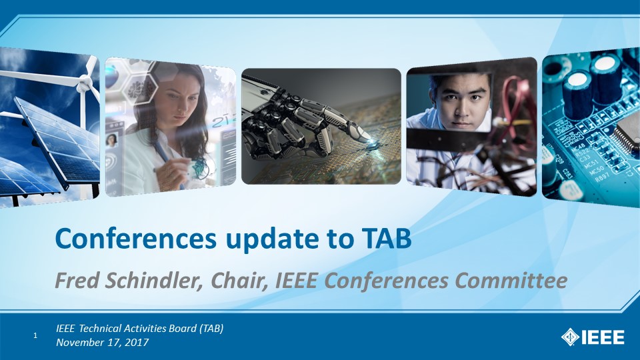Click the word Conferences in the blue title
(x=136, y=239)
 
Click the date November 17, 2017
(x=103, y=342)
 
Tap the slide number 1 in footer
(x=35, y=335)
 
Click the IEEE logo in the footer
(x=593, y=337)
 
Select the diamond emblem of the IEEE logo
(x=570, y=337)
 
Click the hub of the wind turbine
(x=85, y=84)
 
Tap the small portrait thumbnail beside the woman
(x=111, y=140)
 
